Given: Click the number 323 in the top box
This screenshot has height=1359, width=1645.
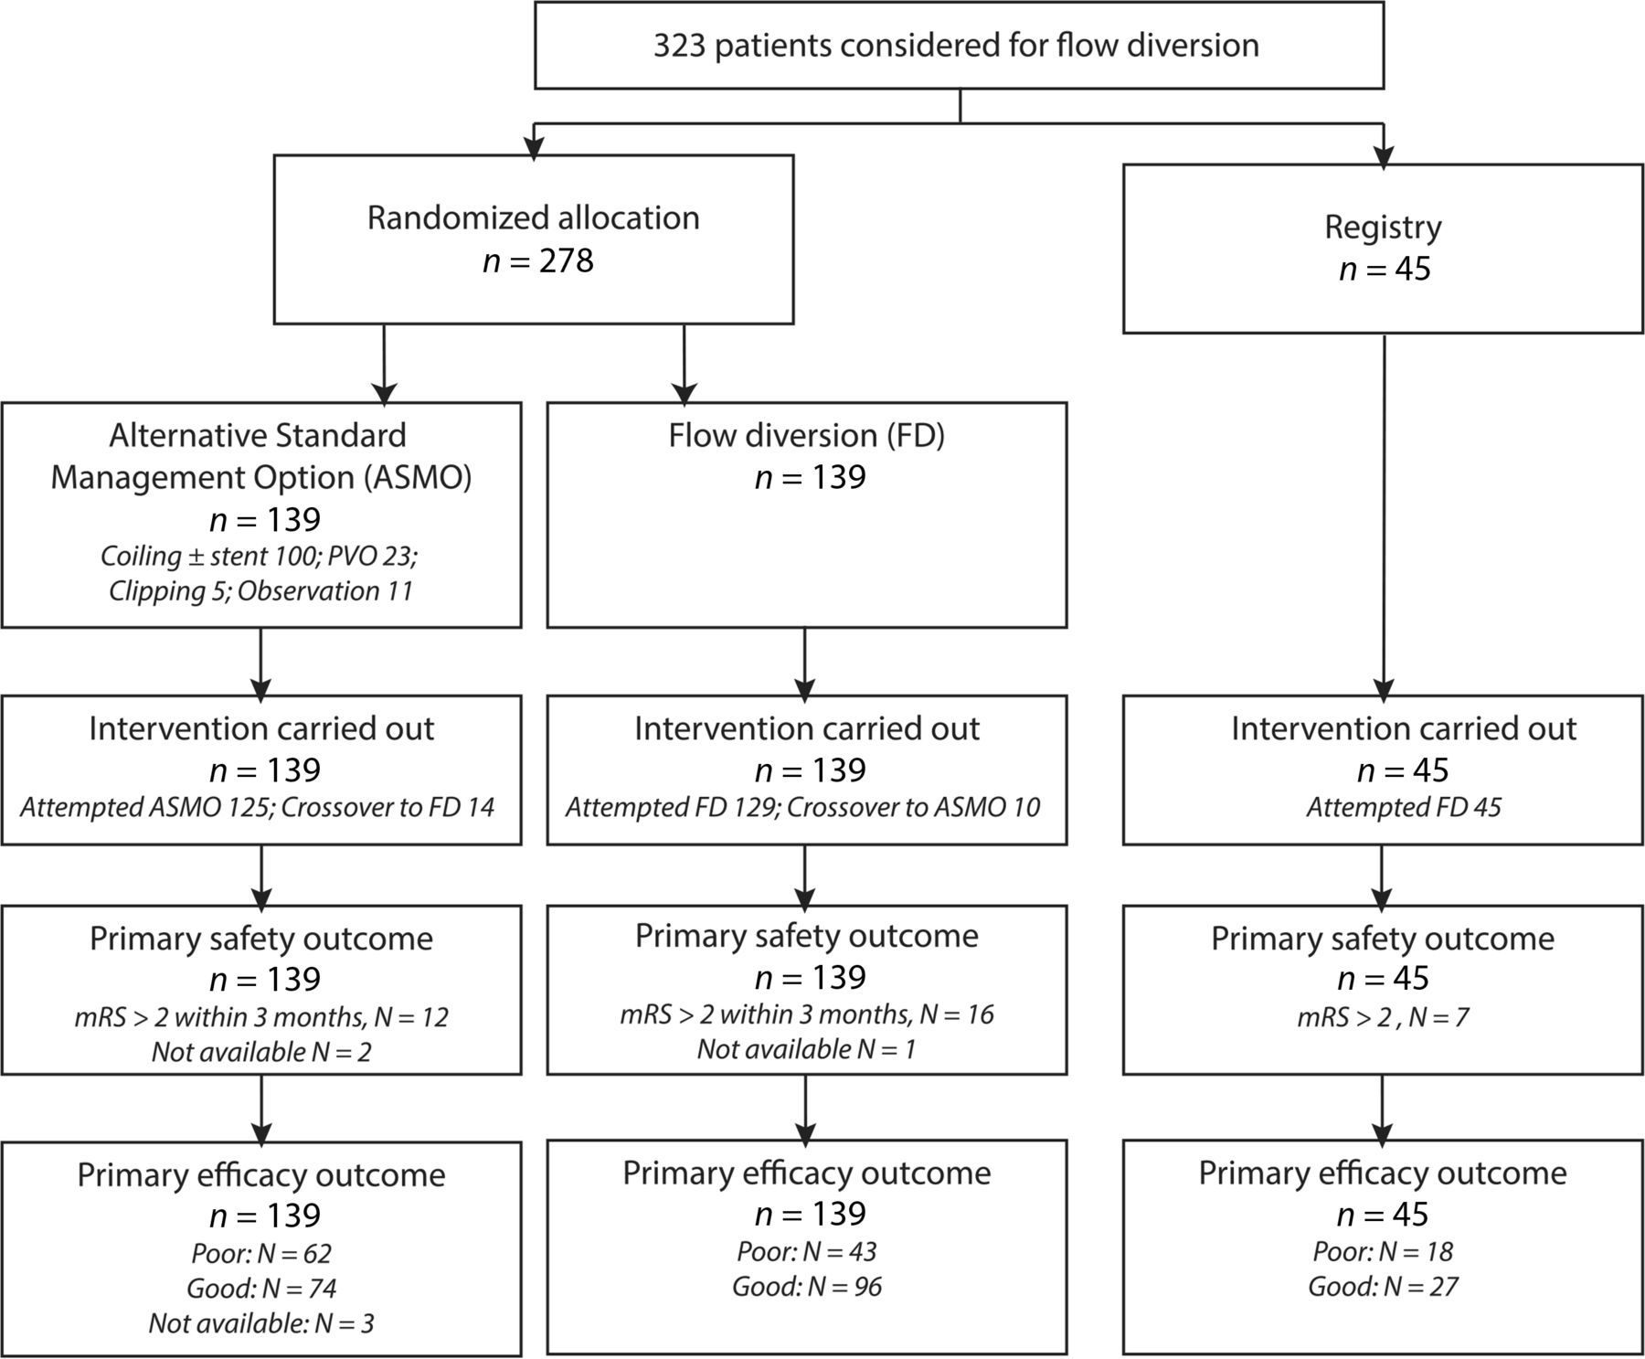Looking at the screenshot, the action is [x=679, y=45].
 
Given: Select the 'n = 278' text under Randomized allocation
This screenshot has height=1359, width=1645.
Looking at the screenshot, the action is [x=538, y=261].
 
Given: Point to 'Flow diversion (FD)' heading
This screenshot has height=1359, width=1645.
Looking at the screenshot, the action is [x=806, y=436].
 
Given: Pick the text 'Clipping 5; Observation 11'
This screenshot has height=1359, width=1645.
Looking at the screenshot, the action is [x=260, y=591].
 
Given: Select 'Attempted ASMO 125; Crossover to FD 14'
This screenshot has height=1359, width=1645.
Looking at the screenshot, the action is [x=258, y=808].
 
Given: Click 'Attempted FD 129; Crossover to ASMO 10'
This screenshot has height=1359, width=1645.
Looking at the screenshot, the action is [x=803, y=808].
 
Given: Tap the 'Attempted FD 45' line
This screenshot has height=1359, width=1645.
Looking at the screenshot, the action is [x=1404, y=808].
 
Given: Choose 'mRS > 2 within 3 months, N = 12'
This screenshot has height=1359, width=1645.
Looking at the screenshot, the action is [x=261, y=1018].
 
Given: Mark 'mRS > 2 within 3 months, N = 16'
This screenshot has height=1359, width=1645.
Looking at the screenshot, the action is [x=807, y=1015].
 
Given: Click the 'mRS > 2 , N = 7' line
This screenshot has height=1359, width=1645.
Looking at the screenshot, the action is [x=1383, y=1018].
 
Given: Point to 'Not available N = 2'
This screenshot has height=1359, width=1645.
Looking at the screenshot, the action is [x=261, y=1053].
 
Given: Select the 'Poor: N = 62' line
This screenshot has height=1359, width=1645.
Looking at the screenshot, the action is [x=261, y=1254].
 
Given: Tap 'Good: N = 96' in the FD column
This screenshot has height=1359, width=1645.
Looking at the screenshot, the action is [x=807, y=1288].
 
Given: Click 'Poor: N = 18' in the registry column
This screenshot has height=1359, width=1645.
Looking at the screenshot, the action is [x=1383, y=1252].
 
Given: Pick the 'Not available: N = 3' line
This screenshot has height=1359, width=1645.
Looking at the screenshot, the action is [x=261, y=1324].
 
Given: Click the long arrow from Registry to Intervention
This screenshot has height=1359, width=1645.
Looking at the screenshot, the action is [x=1384, y=518].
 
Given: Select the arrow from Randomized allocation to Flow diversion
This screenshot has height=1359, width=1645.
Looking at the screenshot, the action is [x=684, y=364].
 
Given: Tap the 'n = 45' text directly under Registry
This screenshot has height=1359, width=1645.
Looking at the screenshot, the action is [x=1385, y=271].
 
